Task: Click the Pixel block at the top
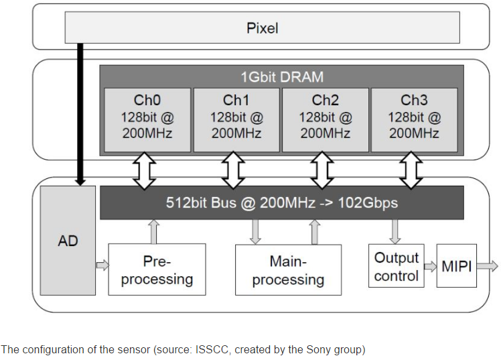click(x=262, y=28)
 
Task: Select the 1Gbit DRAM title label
click(x=281, y=76)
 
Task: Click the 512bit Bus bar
click(x=281, y=202)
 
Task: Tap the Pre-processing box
click(x=157, y=269)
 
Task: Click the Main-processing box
click(x=288, y=269)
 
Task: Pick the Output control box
click(x=397, y=266)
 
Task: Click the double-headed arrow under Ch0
click(x=145, y=170)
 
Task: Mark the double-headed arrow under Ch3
click(x=411, y=170)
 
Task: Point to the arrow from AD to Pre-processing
click(x=102, y=265)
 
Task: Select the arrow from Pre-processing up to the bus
click(x=154, y=231)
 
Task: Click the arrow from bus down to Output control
click(x=395, y=231)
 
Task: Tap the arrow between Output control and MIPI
click(x=431, y=266)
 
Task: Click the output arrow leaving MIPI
click(x=488, y=266)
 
